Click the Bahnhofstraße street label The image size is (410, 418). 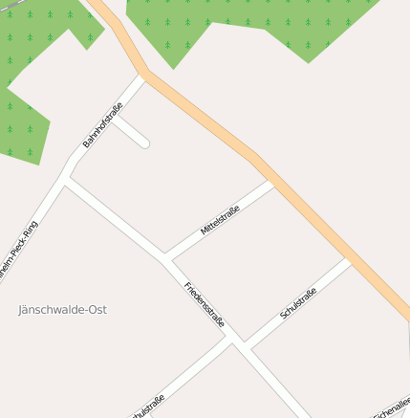[x=103, y=124]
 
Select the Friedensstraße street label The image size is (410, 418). [x=205, y=304]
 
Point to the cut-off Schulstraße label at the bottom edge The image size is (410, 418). [x=148, y=406]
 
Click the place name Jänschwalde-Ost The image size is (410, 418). [x=63, y=310]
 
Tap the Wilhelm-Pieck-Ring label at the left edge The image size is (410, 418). [x=18, y=250]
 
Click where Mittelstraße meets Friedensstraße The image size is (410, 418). [x=166, y=257]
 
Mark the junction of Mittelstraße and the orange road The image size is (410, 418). [x=271, y=182]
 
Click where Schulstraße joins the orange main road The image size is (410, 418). [x=349, y=261]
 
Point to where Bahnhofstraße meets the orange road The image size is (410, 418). [x=143, y=75]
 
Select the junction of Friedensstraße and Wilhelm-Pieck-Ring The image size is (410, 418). [x=65, y=180]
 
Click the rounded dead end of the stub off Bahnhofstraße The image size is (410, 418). [x=144, y=143]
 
